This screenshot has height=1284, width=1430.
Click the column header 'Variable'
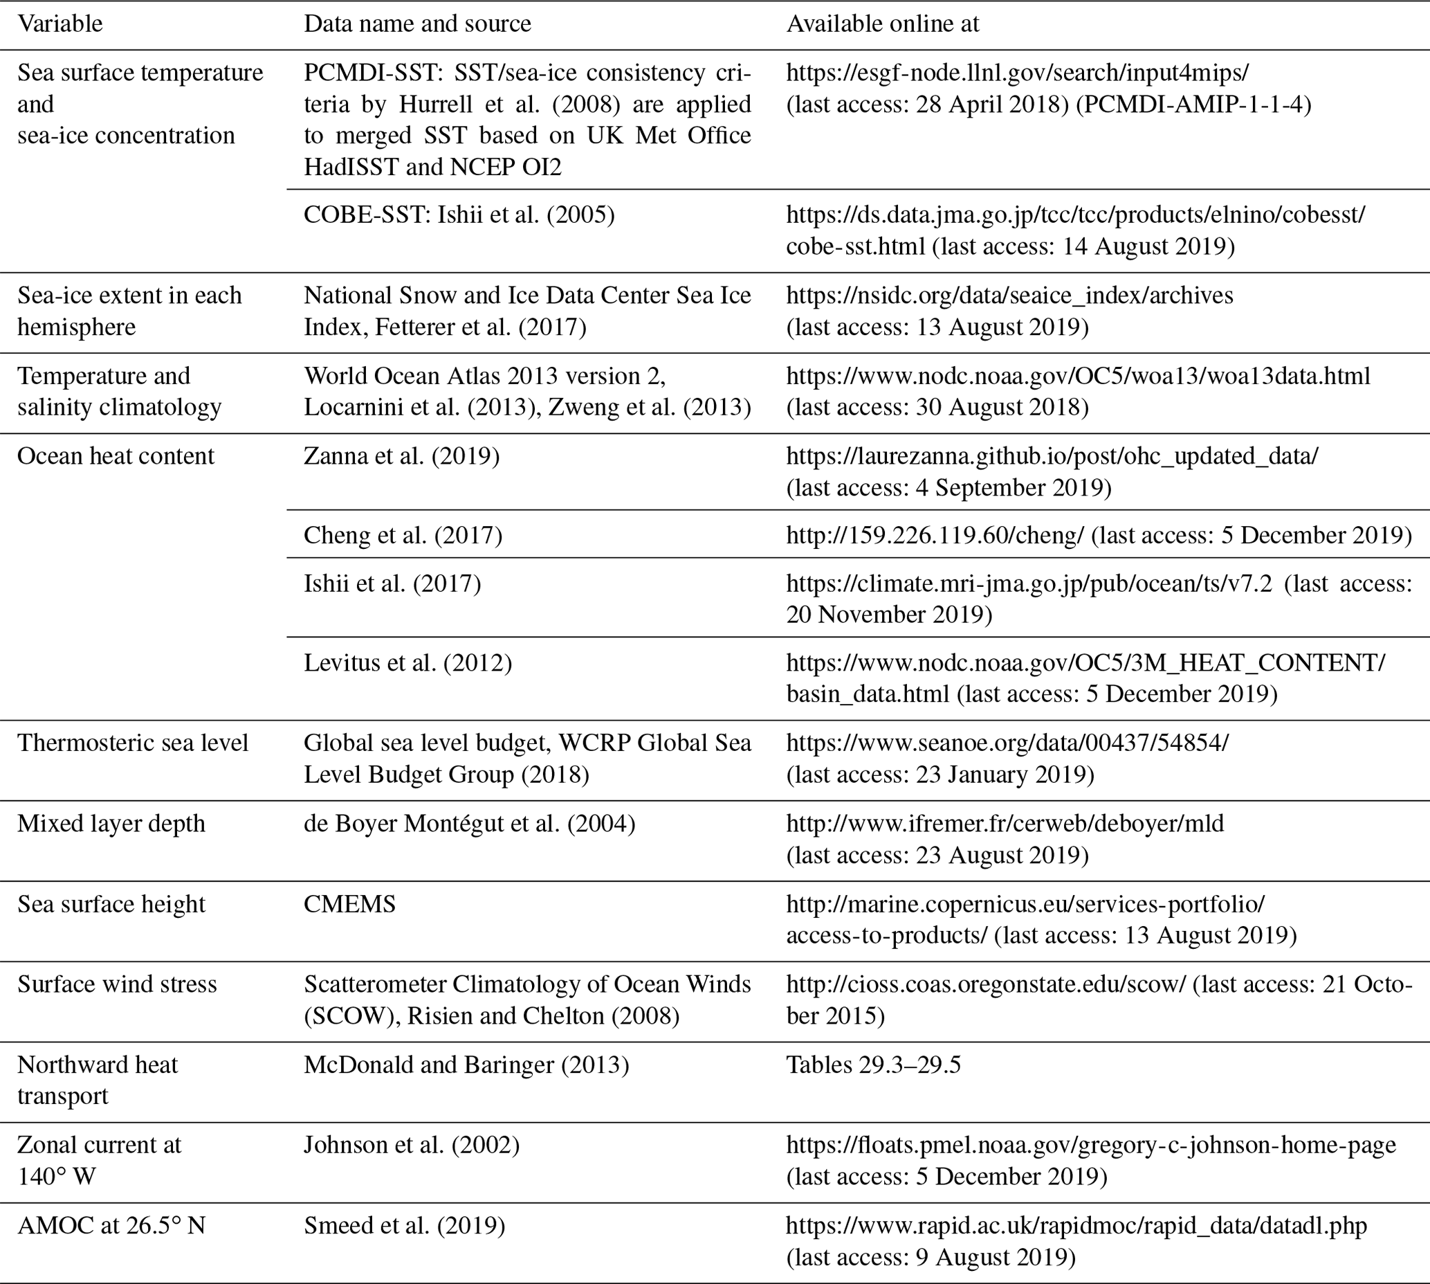tap(60, 24)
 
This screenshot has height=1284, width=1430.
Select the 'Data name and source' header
tap(417, 24)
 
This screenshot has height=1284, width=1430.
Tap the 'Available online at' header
tap(882, 24)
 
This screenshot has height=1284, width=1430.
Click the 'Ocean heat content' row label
tap(116, 456)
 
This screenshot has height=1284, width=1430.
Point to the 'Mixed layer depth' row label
tap(111, 823)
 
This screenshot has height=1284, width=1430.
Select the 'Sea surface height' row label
tap(111, 904)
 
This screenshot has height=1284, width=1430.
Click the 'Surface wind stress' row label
tap(117, 984)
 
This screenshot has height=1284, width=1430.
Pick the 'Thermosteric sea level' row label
tap(133, 743)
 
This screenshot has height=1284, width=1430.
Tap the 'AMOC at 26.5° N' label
tap(111, 1225)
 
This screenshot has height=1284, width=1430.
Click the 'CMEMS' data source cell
tap(350, 904)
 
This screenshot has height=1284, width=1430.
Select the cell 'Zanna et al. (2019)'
tap(401, 456)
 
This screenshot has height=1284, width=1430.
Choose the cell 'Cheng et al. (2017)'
tap(403, 536)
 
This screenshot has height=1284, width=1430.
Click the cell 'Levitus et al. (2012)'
tap(407, 662)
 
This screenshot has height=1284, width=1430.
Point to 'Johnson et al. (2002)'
tap(412, 1144)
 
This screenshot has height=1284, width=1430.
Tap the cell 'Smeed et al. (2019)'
tap(404, 1225)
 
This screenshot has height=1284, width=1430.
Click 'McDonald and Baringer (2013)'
tap(466, 1065)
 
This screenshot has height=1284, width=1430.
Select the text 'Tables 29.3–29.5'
tap(873, 1065)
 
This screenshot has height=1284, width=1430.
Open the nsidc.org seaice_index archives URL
tap(1009, 295)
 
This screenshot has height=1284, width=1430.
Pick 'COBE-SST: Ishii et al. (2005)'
tap(459, 215)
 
